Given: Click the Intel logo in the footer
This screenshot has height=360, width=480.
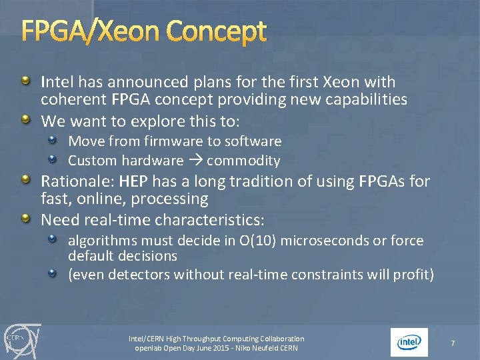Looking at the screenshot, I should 409,342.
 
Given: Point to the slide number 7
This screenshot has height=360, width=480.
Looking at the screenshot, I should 453,343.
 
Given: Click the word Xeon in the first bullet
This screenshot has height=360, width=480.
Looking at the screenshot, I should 341,82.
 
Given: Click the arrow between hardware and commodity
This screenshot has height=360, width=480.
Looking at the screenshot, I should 195,161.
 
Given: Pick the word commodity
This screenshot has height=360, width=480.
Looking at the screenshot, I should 243,161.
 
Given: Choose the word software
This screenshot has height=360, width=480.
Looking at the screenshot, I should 254,141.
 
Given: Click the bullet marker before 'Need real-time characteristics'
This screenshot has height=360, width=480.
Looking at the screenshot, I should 25,219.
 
